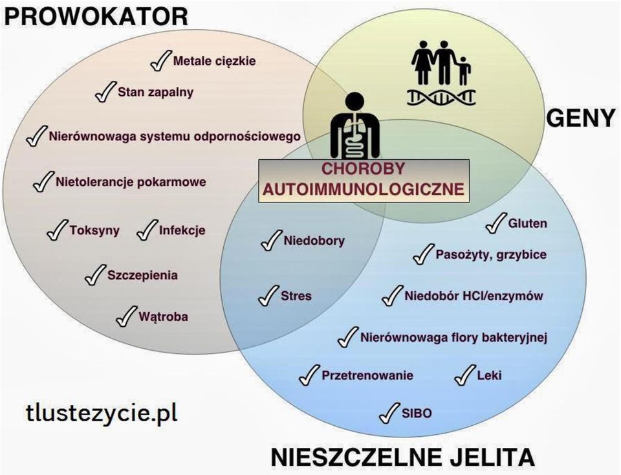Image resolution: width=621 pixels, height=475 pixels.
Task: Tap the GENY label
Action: [581, 118]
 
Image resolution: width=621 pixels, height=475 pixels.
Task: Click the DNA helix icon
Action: [441, 97]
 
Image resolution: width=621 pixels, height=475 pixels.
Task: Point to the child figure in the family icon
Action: [464, 70]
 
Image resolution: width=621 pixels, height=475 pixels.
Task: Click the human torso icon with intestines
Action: [355, 126]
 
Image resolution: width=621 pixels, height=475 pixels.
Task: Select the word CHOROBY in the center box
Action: [363, 169]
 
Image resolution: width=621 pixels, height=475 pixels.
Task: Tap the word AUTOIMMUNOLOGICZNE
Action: [363, 189]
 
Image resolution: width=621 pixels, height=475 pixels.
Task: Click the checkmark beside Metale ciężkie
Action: [161, 61]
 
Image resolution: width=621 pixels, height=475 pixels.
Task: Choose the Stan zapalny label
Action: [156, 92]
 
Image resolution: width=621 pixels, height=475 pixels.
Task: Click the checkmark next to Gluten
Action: [496, 223]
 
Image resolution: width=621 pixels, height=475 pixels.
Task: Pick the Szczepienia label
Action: [142, 275]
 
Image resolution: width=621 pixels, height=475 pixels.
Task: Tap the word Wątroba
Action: [163, 316]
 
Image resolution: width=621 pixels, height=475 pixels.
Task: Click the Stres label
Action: [296, 296]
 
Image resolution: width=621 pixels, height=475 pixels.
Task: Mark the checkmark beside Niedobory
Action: [272, 241]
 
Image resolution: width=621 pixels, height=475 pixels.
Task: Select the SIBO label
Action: [417, 414]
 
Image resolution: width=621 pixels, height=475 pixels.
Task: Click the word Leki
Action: [489, 375]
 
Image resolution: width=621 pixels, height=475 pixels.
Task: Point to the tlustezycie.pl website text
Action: [102, 413]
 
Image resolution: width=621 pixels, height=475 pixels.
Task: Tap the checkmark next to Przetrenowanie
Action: [309, 375]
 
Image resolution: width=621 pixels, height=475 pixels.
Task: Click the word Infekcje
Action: [182, 230]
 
